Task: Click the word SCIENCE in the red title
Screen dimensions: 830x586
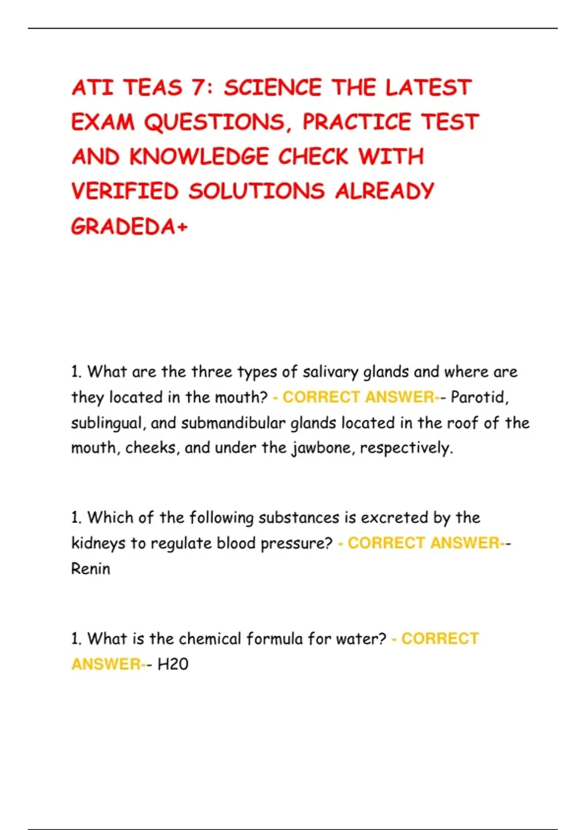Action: click(272, 88)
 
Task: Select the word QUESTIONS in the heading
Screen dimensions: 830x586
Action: click(215, 123)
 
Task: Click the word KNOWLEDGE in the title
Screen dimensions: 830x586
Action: click(199, 157)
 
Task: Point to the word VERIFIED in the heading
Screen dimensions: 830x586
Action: click(125, 191)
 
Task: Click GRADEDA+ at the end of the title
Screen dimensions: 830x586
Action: click(129, 227)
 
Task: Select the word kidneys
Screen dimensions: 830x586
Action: click(98, 543)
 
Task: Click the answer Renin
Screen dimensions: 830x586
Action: click(91, 569)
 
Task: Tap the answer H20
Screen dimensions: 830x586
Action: click(173, 664)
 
